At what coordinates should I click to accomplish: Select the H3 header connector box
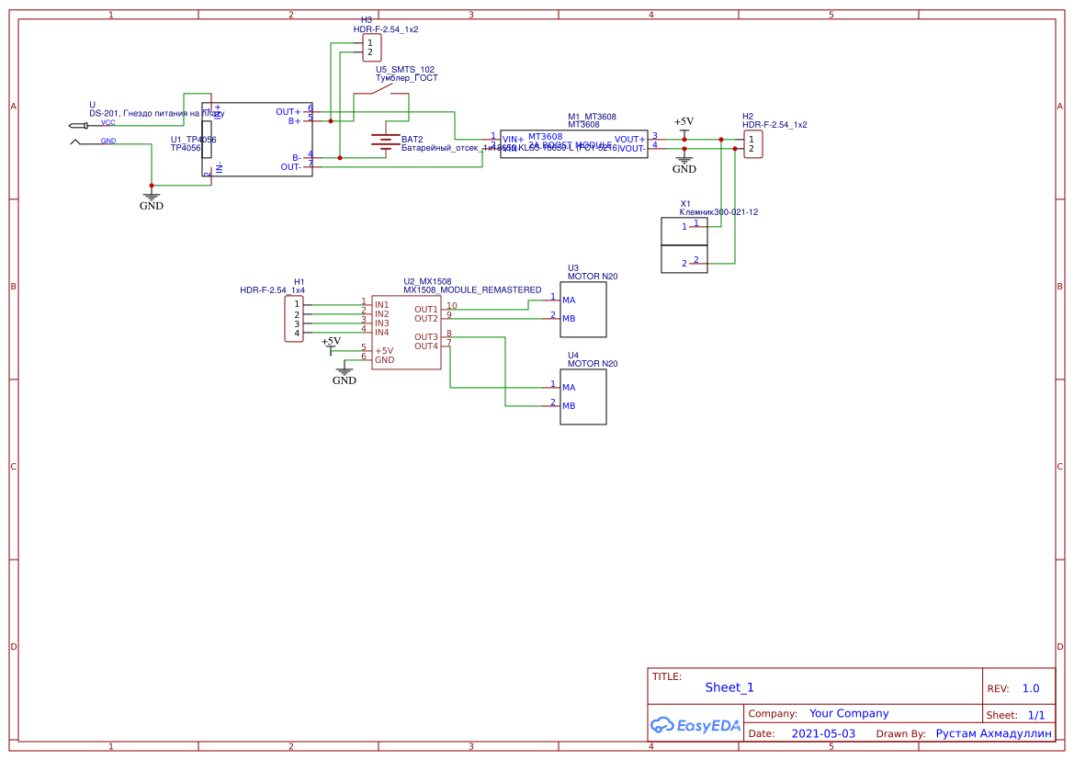371,47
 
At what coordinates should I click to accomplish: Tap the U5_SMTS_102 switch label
405,70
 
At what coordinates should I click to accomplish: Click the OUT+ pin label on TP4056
288,112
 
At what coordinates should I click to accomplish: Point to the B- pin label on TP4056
296,158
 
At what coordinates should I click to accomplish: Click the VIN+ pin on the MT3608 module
513,140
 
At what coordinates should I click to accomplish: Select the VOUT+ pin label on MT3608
629,140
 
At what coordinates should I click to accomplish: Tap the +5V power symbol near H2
684,122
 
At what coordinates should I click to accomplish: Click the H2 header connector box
752,143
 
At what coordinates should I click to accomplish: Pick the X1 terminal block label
685,204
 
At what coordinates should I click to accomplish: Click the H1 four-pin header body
294,318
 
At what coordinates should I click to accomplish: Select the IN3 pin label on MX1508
381,323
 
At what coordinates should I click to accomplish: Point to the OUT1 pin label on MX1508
425,310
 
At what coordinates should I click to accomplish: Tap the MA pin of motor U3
569,301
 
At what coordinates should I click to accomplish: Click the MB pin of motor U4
569,406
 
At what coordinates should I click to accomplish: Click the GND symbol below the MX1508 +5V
344,375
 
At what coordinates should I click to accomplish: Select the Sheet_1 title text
729,687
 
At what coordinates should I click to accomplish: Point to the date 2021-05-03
822,734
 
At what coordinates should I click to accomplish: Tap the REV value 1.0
1030,688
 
